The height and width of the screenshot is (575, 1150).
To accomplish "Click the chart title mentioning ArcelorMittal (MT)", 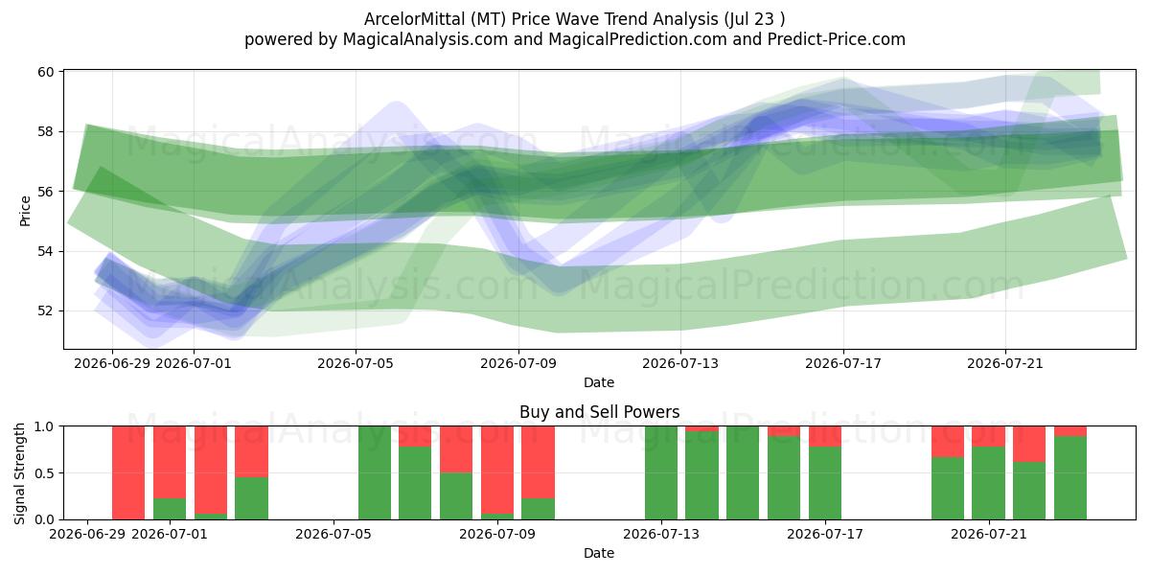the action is tap(574, 19).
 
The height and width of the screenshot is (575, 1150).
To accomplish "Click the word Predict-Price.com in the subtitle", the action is tap(837, 39).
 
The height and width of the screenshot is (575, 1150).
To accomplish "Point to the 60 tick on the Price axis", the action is tap(46, 72).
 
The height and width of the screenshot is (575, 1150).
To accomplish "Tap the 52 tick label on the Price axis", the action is tap(46, 311).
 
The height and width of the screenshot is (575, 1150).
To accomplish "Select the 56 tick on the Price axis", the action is tap(46, 192).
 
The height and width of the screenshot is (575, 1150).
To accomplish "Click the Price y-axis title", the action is tap(25, 211).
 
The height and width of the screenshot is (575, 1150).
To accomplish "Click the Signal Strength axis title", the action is tap(19, 473).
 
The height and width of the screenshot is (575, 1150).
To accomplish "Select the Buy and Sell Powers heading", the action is tap(599, 412).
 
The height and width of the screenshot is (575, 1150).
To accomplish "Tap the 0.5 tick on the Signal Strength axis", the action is tap(44, 472).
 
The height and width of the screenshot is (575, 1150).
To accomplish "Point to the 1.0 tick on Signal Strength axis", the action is tap(44, 426).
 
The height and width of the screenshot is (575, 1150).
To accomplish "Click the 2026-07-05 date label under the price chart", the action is tap(356, 363).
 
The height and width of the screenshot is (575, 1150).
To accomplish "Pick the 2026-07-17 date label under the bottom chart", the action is tap(824, 534).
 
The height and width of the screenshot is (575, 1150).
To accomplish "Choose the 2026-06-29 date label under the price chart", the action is tap(112, 363).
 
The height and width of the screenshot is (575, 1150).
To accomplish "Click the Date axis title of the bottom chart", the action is tap(599, 553).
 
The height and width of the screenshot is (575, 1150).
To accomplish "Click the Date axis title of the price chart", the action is tap(599, 382).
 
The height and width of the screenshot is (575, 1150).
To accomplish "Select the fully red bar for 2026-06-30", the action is tap(128, 472).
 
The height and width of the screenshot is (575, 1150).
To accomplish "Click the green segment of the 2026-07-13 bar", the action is tap(660, 472).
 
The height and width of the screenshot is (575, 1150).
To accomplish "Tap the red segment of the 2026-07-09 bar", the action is tap(497, 470).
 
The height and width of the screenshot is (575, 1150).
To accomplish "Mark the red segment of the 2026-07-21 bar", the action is tap(988, 436).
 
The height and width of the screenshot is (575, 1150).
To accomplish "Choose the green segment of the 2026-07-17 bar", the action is tap(824, 483).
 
